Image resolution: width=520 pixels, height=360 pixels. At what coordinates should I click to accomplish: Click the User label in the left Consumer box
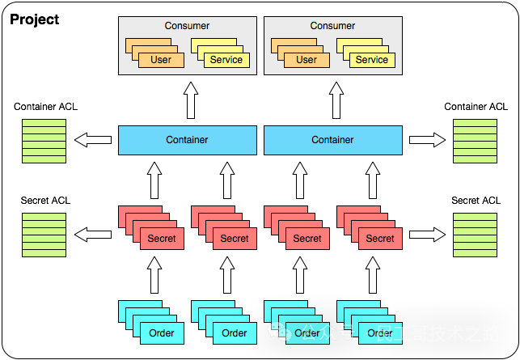coord(161,60)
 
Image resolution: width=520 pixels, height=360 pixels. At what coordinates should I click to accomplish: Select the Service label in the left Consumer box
coord(226,60)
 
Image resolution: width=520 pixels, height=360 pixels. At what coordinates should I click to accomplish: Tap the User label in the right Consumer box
coord(307,60)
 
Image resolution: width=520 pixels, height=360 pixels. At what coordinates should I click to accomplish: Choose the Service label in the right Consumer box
coord(372,60)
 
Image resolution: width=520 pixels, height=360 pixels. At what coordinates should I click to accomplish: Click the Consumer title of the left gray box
coord(187,26)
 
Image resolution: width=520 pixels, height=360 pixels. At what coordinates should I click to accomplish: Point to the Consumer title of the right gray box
coord(332,26)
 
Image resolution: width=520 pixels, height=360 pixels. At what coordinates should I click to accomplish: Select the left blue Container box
coord(187,140)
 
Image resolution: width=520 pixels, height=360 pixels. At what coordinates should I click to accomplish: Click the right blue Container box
coord(332,140)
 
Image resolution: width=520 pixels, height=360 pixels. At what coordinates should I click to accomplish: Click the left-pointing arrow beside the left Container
coord(93,140)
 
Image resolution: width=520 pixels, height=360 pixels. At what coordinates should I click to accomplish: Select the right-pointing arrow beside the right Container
coord(427,140)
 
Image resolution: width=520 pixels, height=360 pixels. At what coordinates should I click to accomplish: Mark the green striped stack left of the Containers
coord(44,140)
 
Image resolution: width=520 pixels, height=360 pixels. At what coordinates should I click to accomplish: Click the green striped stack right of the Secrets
coord(475,235)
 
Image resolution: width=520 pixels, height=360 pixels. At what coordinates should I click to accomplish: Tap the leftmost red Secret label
coord(161,239)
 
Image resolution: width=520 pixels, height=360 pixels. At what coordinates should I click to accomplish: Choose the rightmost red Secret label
coord(379,239)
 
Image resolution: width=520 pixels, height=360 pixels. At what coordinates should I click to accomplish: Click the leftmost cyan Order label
coord(161,332)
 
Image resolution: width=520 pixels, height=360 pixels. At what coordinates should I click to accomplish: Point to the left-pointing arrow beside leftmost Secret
coord(93,235)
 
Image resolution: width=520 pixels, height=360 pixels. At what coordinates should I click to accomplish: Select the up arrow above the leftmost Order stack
coord(154,275)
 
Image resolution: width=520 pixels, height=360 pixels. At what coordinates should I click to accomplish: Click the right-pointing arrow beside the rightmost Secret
coord(427,235)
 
